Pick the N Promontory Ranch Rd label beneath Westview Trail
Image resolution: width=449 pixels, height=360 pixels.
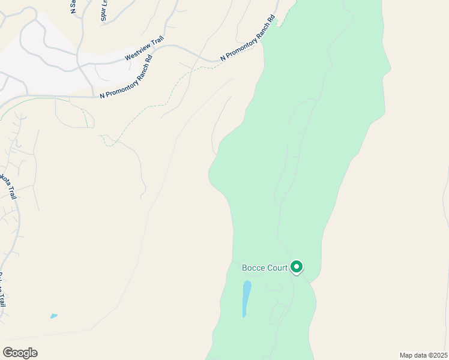coord(127,78)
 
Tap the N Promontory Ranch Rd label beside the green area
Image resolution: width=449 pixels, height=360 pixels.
coord(247,38)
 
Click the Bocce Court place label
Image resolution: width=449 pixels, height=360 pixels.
coord(264,268)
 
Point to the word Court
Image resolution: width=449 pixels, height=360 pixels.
coord(277,268)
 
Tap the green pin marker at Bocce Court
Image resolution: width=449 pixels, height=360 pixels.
coord(297,266)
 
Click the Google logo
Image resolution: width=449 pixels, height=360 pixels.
coord(20,353)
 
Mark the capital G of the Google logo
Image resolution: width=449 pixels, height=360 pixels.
coord(7,353)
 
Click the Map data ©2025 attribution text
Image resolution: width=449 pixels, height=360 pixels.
coord(423,355)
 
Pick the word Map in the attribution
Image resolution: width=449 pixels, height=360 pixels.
coord(406,355)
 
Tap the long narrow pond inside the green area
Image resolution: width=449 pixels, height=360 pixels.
coord(246,298)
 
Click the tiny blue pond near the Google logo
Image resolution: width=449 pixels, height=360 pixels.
coord(54,316)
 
